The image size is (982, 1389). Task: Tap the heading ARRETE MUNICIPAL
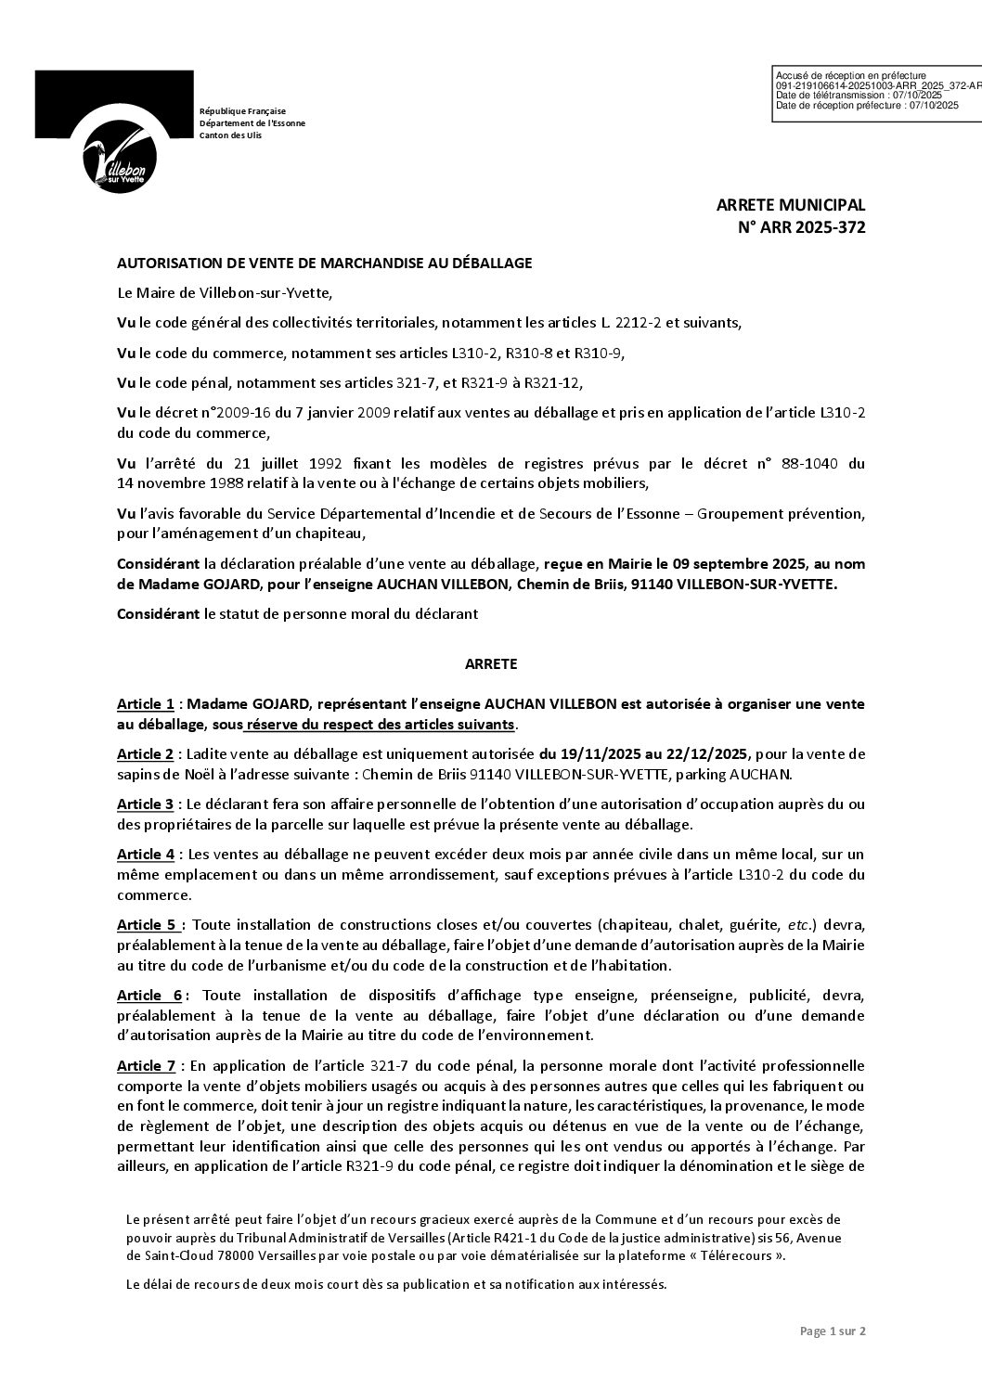[x=790, y=205]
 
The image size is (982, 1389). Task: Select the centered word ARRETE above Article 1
[x=491, y=664]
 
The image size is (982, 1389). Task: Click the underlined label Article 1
[x=146, y=704]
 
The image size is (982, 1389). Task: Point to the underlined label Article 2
[x=146, y=754]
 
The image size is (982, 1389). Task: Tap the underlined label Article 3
[x=146, y=804]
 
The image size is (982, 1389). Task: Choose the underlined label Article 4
[x=146, y=855]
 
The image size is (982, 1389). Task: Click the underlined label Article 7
[x=146, y=1066]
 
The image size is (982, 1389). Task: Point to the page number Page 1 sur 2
[x=833, y=1331]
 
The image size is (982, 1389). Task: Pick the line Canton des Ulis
[x=231, y=135]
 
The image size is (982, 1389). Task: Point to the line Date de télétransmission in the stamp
[x=859, y=96]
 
